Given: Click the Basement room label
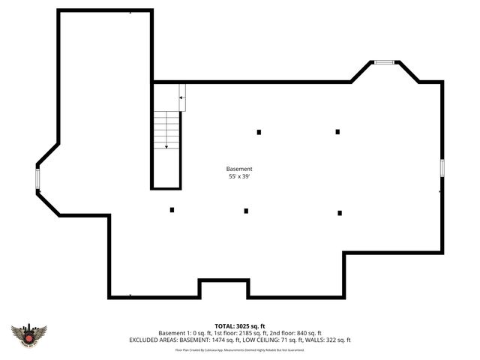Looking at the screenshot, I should pyautogui.click(x=240, y=169).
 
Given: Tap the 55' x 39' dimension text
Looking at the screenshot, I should pyautogui.click(x=240, y=177).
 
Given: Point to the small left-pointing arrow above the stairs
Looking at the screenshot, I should pyautogui.click(x=181, y=98).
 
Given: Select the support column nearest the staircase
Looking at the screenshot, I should pyautogui.click(x=172, y=210).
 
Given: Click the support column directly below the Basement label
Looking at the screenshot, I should pyautogui.click(x=246, y=211).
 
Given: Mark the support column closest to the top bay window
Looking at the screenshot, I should pyautogui.click(x=337, y=132).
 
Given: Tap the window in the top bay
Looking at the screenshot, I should pyautogui.click(x=384, y=62).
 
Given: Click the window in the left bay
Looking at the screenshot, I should pyautogui.click(x=37, y=178).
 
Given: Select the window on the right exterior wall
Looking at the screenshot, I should pyautogui.click(x=442, y=169).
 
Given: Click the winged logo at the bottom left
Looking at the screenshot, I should pyautogui.click(x=29, y=334).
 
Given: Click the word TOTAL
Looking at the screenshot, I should pyautogui.click(x=224, y=326).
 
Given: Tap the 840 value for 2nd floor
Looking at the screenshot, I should pyautogui.click(x=298, y=333).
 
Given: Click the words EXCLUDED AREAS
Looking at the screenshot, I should pyautogui.click(x=154, y=340).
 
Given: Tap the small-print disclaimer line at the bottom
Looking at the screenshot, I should pyautogui.click(x=240, y=349).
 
